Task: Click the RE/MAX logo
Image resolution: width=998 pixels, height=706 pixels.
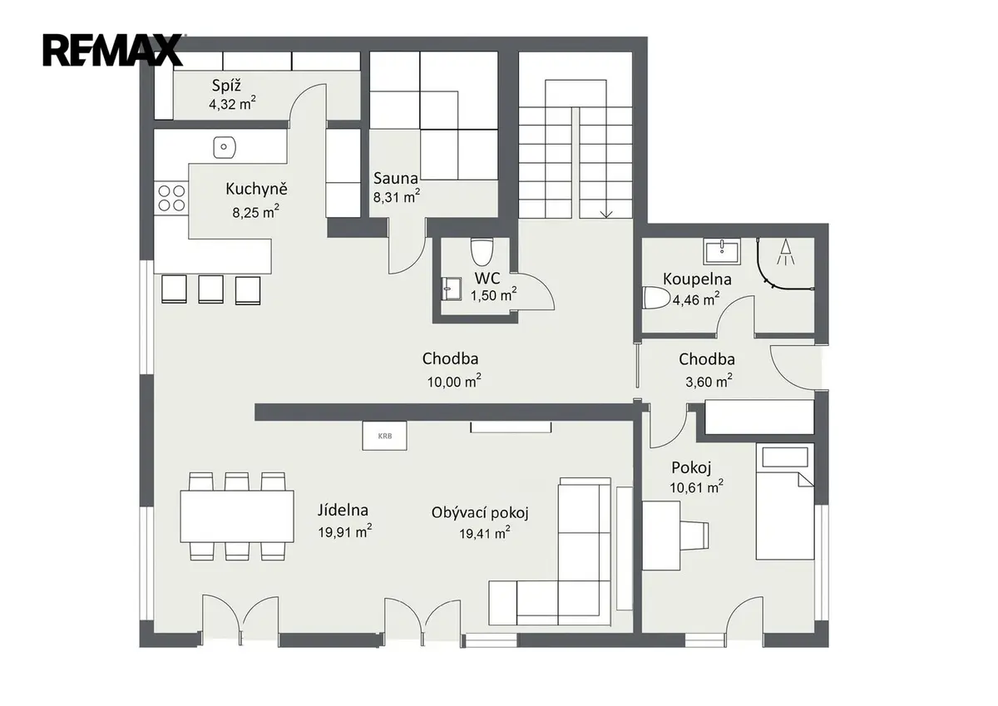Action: [x=113, y=51]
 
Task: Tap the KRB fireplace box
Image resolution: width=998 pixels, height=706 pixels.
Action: [x=384, y=436]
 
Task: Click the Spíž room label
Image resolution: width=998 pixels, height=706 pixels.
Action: [x=227, y=85]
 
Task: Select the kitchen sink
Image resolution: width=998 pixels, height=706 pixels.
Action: [x=224, y=147]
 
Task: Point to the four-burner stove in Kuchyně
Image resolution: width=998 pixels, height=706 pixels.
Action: [x=171, y=198]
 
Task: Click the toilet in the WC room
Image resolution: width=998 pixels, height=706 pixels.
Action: [x=482, y=252]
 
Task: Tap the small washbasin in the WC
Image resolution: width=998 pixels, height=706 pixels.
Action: [x=451, y=289]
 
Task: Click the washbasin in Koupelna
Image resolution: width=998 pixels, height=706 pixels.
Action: [x=722, y=251]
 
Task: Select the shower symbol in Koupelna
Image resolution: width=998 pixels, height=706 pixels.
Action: [x=785, y=252]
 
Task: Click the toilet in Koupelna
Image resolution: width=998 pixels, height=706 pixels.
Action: [x=656, y=297]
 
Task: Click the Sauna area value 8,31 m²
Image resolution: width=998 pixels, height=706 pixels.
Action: [x=397, y=196]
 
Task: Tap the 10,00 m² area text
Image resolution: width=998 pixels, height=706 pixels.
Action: [x=454, y=382]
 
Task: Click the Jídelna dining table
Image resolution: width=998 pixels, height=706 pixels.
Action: [x=237, y=516]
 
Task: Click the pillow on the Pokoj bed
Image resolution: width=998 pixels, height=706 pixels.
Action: [x=785, y=457]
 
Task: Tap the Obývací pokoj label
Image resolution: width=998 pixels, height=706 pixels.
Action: [x=480, y=513]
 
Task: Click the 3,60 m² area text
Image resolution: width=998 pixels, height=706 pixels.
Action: [x=709, y=382]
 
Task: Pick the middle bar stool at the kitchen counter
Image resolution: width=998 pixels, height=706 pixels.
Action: [x=210, y=289]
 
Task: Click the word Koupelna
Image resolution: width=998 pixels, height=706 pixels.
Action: [x=697, y=279]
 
